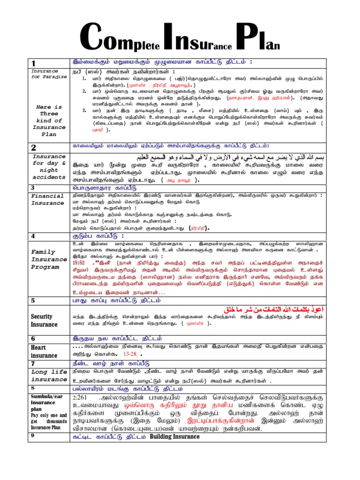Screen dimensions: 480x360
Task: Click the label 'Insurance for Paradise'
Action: [46, 74]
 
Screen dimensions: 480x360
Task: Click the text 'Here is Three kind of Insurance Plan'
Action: [49, 120]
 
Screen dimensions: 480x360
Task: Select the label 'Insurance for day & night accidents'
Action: [49, 167]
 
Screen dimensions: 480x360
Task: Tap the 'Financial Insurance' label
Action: [47, 200]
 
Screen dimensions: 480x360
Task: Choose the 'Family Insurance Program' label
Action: [49, 259]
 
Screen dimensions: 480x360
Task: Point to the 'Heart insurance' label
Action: [45, 352]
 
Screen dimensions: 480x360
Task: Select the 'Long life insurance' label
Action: [49, 375]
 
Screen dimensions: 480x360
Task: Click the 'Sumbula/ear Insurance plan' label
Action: [43, 402]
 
